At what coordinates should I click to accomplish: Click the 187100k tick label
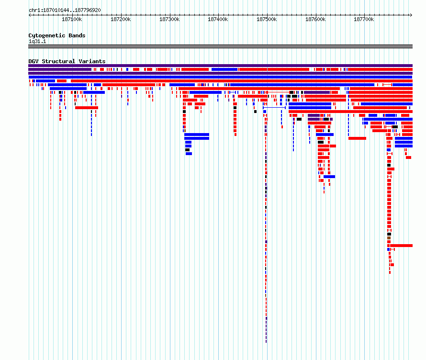pos(72,19)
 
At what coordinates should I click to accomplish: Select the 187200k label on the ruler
pos(121,19)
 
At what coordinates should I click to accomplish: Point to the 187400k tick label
pos(218,19)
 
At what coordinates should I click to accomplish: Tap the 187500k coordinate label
pos(267,19)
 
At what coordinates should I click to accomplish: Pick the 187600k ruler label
pos(315,19)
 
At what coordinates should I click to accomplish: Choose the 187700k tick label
pos(364,19)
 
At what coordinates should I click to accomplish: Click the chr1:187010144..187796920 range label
pos(65,11)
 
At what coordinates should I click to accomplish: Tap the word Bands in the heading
pos(77,35)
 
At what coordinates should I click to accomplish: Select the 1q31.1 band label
pos(37,41)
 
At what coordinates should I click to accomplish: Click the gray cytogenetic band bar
pos(220,46)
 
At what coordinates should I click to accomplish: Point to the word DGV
pos(34,61)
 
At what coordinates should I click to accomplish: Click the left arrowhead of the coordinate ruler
pos(29,15)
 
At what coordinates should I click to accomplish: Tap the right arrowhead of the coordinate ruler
pos(411,15)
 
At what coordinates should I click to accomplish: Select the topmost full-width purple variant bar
pos(220,66)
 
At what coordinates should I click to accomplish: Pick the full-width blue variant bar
pos(220,77)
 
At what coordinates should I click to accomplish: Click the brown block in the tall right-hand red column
pos(389,238)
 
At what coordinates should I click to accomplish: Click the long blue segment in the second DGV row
pos(224,69)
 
